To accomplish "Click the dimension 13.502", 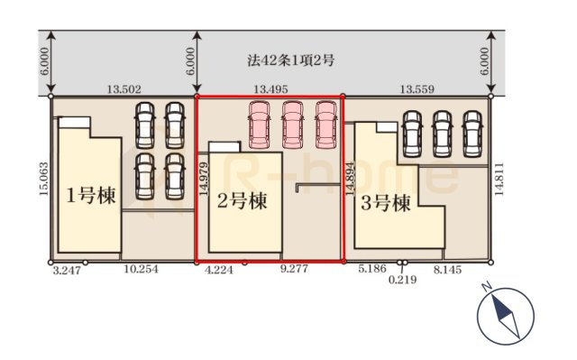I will [x=124, y=88].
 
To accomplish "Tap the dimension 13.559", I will [x=419, y=88].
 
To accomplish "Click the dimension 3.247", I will [x=67, y=271].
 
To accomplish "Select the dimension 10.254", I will [x=141, y=271].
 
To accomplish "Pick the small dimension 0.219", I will [x=403, y=282].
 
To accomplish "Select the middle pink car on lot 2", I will [x=292, y=125].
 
